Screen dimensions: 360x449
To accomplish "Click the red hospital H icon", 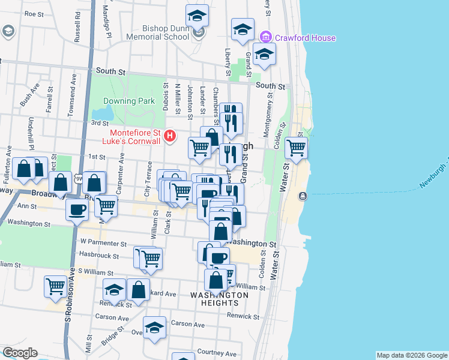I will click(x=170, y=137).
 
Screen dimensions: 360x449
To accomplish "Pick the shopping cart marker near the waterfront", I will click(x=296, y=147).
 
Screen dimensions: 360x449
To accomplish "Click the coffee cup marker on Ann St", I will click(x=77, y=211).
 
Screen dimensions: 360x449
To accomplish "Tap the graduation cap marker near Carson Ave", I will click(x=155, y=327).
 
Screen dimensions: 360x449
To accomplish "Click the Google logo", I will click(x=19, y=353).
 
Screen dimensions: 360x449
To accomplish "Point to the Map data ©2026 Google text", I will click(x=411, y=355).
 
